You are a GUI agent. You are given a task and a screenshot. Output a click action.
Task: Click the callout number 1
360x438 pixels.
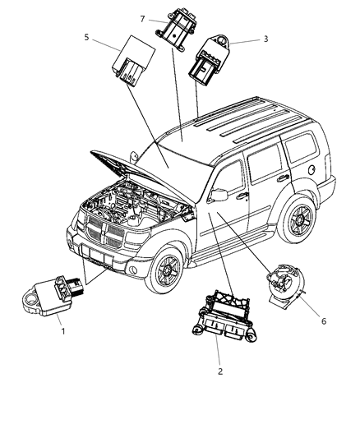(x=62, y=331)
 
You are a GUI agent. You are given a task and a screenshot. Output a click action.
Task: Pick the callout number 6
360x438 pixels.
(x=323, y=321)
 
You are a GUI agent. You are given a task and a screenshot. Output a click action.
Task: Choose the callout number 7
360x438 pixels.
(x=142, y=18)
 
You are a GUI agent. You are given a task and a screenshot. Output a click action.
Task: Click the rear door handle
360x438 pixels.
(x=283, y=178)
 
